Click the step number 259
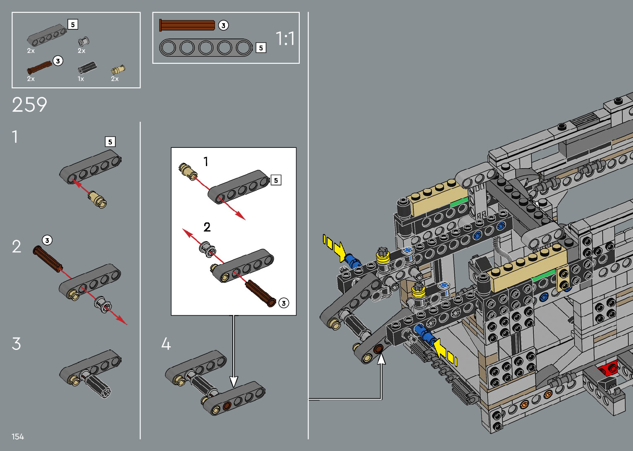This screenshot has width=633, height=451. (29, 105)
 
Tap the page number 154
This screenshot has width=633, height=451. (17, 437)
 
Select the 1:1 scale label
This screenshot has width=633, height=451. (285, 39)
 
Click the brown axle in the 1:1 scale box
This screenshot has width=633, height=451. (187, 25)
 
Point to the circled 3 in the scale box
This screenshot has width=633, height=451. (223, 26)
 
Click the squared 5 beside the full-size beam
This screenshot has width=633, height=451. (261, 48)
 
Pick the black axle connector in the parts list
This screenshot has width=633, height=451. (87, 68)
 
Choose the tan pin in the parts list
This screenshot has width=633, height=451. (118, 70)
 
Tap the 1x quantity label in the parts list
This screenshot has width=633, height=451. (81, 79)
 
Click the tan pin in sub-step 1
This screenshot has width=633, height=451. (97, 199)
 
